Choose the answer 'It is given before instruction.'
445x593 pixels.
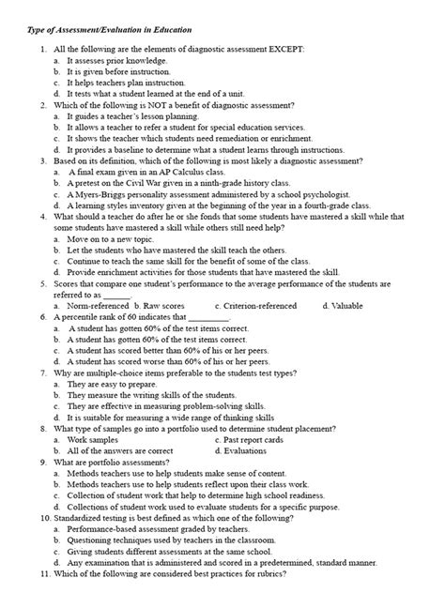[125, 71]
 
